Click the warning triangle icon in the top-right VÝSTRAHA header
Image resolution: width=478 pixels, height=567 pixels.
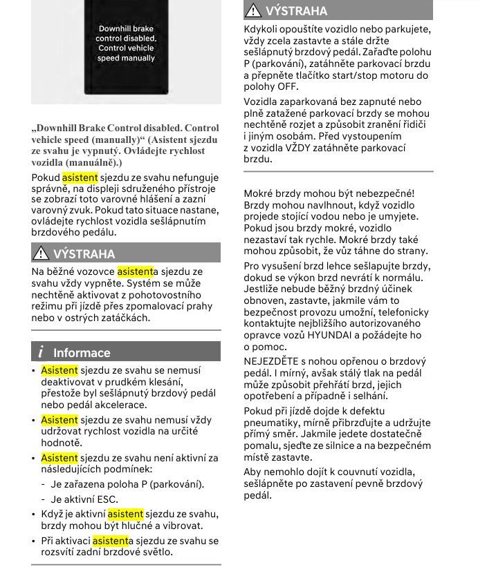(254, 10)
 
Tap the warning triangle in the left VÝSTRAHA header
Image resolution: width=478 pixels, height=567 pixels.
(42, 253)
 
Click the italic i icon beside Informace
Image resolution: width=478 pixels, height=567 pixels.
(41, 352)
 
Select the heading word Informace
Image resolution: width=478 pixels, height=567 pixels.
(82, 352)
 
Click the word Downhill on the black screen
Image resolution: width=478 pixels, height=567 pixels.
(116, 29)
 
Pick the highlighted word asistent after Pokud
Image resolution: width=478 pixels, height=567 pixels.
(80, 177)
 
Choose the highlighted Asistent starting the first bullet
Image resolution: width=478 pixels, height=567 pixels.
(59, 370)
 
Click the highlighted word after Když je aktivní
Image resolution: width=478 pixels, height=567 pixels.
(125, 514)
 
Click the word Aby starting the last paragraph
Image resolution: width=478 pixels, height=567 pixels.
(252, 472)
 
